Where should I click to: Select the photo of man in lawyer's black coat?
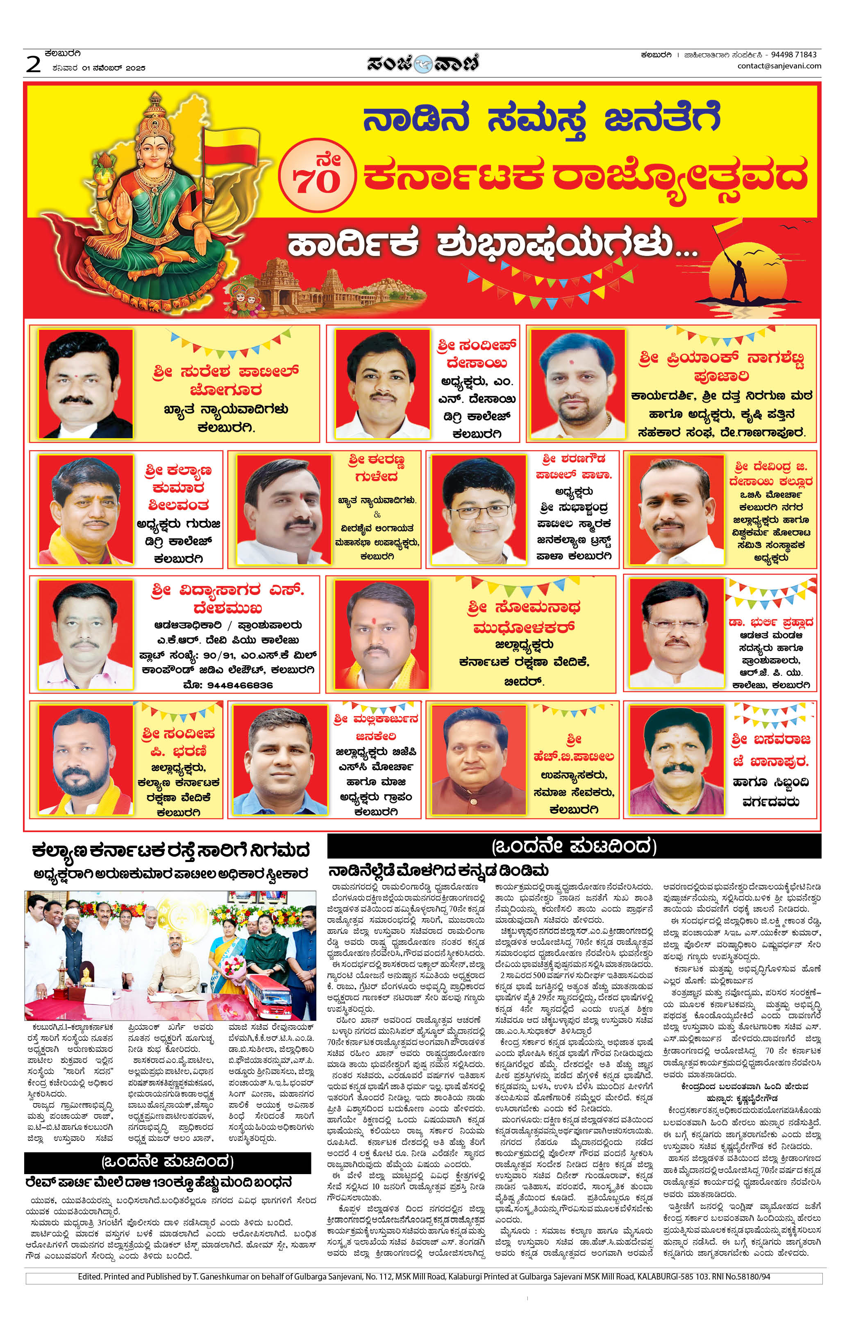pyautogui.click(x=86, y=383)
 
